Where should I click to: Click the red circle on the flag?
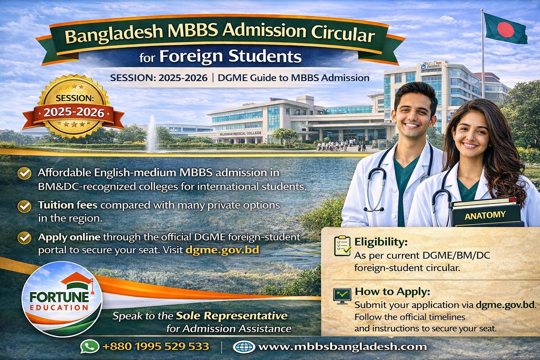pos(506,30)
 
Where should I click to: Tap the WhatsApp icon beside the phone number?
pos(90,347)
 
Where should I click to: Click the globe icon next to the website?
pos(244,347)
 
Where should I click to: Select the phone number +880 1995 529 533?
pos(156,347)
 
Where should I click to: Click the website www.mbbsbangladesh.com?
pos(342,347)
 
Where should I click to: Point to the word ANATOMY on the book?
pos(485,215)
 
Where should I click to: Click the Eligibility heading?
pos(381,242)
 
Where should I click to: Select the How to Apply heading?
pos(392,292)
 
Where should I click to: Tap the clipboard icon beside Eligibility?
pos(342,246)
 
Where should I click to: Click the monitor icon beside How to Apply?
pos(342,296)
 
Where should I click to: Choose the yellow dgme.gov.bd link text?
pos(222,250)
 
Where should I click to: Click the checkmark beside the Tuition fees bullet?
pos(24,206)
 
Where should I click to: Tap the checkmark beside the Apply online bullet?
pos(24,238)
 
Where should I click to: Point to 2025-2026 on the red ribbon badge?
pos(74,112)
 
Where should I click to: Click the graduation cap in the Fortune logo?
pos(77,282)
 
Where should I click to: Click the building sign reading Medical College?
pos(240,133)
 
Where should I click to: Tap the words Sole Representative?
pos(232,316)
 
